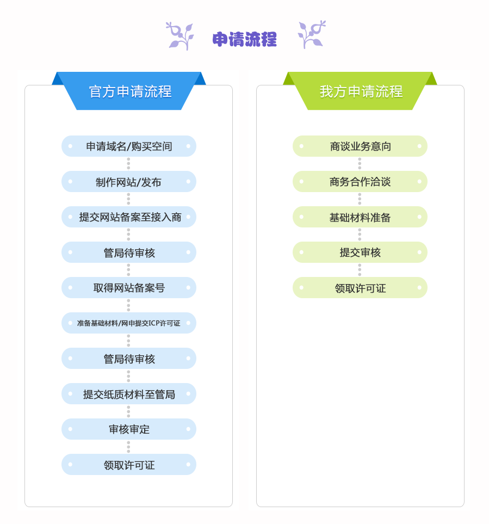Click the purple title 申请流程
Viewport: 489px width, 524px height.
pos(245,39)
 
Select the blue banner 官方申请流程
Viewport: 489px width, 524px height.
pos(129,91)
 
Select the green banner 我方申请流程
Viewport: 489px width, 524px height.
pos(360,91)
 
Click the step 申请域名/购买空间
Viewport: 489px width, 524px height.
pos(129,146)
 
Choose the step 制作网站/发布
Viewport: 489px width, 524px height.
pos(129,181)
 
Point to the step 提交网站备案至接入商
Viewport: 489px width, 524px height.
pos(129,217)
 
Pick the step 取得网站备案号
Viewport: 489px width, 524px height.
pos(129,288)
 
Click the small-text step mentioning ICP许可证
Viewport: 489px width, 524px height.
pos(129,323)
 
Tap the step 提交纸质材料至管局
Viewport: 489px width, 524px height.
pos(129,393)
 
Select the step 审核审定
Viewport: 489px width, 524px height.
pos(129,429)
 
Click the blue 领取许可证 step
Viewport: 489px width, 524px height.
pos(129,465)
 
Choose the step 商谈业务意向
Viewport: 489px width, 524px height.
pos(360,146)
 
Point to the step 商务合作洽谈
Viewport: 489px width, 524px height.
pos(360,181)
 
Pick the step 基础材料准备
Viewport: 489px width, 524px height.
pos(360,217)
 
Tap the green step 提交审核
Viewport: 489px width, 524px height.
pos(360,252)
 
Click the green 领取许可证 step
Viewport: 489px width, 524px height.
pos(360,288)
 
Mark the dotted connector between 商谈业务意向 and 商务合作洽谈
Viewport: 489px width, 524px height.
pos(360,164)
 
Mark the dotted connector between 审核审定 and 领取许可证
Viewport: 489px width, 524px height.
pos(128,447)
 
